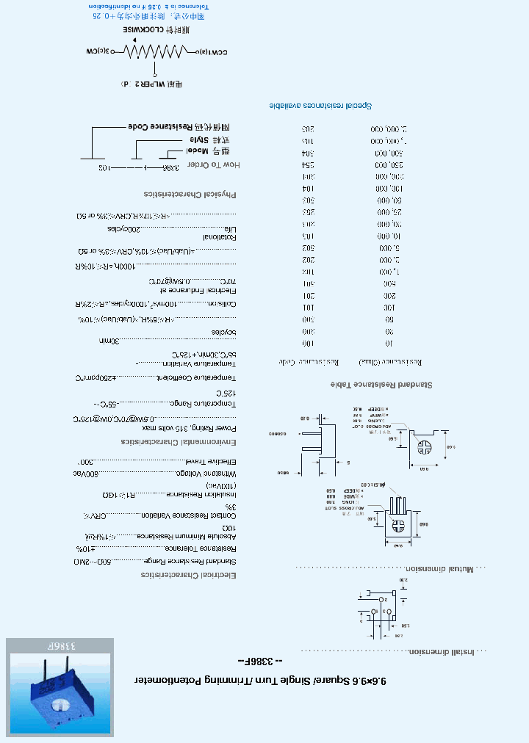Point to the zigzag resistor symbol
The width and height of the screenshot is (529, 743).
154,51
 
